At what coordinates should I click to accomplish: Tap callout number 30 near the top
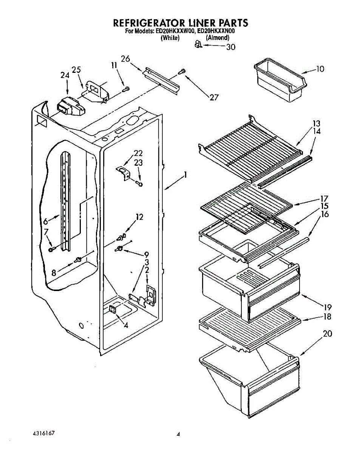230,47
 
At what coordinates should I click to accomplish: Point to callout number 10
320,69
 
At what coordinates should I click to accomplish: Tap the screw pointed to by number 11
127,89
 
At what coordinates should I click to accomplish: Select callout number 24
65,75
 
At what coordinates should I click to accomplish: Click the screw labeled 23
140,183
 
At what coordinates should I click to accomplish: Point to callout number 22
138,153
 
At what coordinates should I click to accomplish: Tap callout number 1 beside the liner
185,174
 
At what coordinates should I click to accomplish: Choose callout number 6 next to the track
46,222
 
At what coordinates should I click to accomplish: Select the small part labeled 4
112,309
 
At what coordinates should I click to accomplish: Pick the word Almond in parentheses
217,38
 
